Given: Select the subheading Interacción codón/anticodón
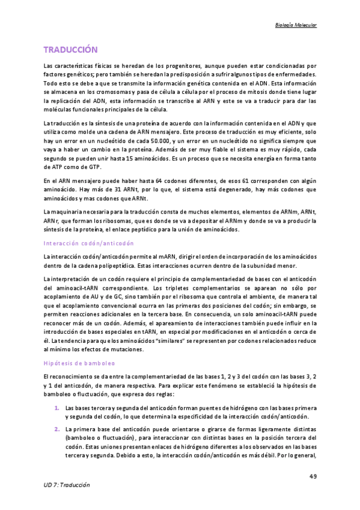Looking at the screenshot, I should (x=88, y=244).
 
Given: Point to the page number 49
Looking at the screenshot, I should (x=313, y=476).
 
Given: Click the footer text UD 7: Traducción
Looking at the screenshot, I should (x=66, y=484).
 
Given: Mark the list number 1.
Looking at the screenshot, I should (x=56, y=408).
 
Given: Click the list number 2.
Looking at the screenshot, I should (x=56, y=429).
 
